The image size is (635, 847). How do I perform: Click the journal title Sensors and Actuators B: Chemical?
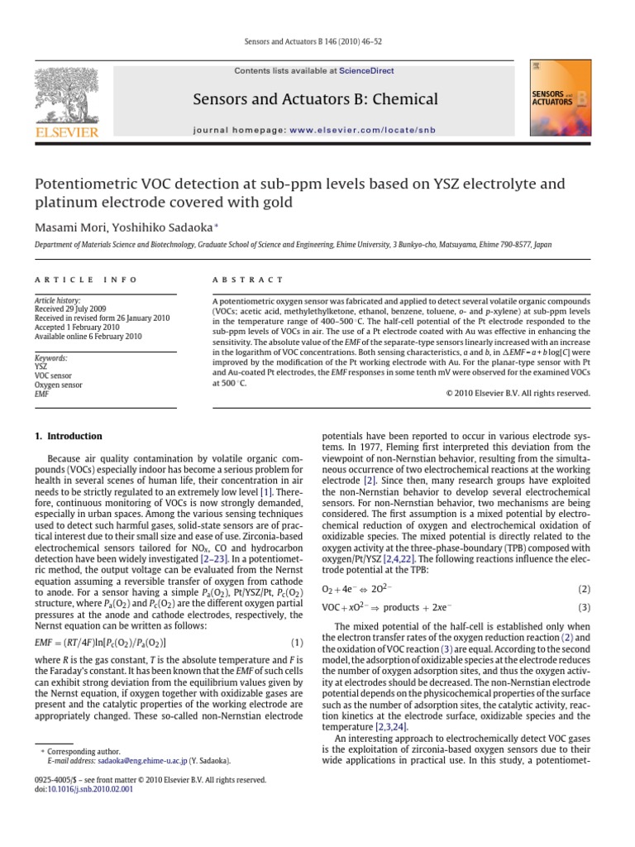(x=315, y=100)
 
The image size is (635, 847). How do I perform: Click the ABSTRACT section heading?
(x=248, y=280)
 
